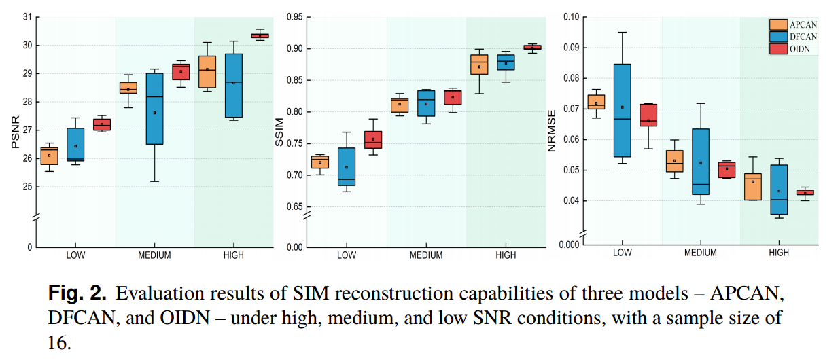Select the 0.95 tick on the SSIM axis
pyautogui.click(x=294, y=17)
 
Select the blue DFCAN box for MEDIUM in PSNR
pyautogui.click(x=154, y=109)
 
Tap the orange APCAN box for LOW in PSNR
pyautogui.click(x=49, y=156)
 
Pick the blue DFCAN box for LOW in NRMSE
pyautogui.click(x=622, y=110)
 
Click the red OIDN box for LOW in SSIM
pyautogui.click(x=373, y=139)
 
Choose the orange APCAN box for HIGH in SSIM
pyautogui.click(x=479, y=65)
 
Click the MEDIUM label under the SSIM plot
pyautogui.click(x=426, y=255)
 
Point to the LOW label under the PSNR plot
pyautogui.click(x=75, y=255)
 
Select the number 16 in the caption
pyautogui.click(x=59, y=342)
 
